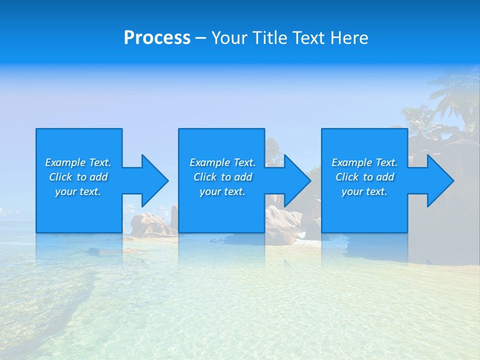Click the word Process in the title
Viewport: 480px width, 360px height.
click(157, 38)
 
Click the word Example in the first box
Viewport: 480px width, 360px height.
click(65, 162)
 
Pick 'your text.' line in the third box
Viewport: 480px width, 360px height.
click(364, 191)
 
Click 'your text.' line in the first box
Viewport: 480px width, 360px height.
click(78, 191)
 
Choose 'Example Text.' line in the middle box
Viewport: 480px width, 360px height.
click(222, 162)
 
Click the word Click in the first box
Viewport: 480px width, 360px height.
click(61, 177)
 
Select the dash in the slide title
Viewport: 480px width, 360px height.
click(200, 38)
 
